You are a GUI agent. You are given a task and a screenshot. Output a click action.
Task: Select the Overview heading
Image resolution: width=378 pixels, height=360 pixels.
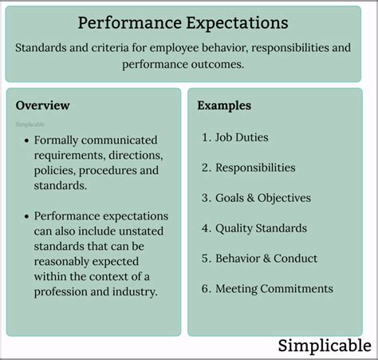(x=42, y=105)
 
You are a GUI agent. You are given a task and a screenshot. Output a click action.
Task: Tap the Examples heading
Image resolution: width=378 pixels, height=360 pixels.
(x=224, y=105)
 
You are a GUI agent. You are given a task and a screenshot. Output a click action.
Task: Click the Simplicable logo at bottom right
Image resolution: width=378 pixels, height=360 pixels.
(x=324, y=346)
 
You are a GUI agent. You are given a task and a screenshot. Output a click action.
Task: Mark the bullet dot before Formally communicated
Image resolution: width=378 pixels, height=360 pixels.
(x=26, y=140)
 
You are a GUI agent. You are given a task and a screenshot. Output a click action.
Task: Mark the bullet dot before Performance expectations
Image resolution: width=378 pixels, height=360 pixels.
(x=26, y=216)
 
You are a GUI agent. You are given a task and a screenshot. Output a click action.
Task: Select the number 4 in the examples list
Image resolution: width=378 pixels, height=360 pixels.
(x=205, y=228)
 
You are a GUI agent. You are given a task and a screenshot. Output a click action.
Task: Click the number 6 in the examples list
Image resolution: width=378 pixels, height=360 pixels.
(x=205, y=289)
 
